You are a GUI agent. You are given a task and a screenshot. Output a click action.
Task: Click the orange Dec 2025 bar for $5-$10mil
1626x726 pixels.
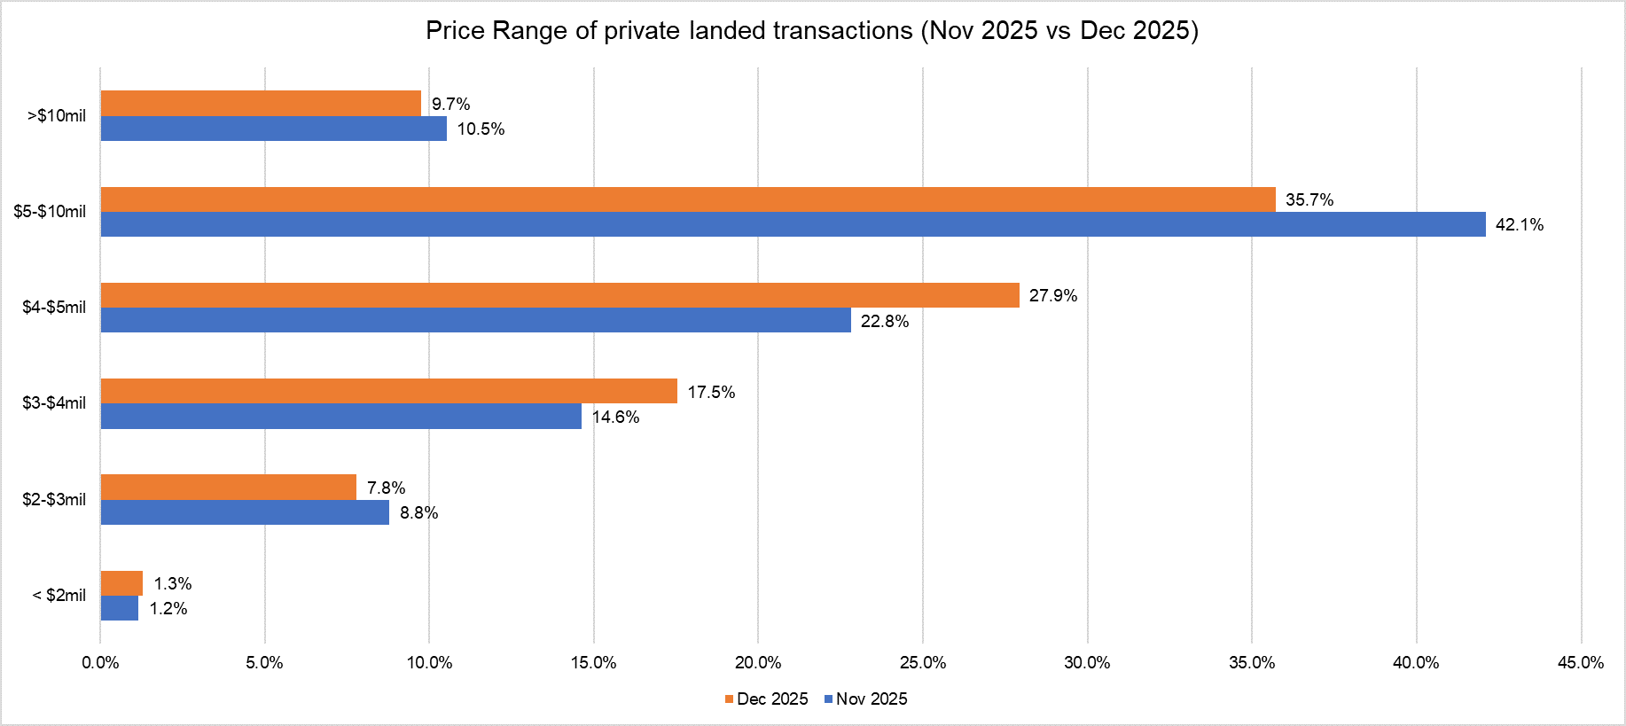688,199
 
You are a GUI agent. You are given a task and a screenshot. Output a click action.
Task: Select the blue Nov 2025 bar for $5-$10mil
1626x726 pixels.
793,224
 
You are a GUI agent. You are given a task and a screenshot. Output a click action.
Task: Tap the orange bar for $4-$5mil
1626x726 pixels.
559,295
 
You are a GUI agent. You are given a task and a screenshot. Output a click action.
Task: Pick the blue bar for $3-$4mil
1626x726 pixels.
340,417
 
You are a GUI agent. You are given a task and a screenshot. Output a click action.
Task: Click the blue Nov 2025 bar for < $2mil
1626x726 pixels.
120,608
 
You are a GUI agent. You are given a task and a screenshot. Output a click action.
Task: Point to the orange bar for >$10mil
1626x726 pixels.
261,104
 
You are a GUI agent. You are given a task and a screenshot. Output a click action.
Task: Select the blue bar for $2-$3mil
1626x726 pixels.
245,512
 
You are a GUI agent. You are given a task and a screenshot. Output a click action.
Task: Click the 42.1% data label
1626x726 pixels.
1519,225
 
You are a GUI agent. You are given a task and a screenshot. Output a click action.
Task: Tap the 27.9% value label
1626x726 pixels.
1052,296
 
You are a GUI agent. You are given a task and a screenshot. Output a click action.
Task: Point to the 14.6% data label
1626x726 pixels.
615,418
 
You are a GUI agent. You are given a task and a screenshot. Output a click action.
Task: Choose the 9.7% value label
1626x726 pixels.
450,105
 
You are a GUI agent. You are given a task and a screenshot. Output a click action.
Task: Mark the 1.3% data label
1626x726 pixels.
172,584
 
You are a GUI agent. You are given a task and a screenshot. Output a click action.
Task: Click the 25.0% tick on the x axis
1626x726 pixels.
922,663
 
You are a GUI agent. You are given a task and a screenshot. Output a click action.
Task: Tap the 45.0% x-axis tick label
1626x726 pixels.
1580,663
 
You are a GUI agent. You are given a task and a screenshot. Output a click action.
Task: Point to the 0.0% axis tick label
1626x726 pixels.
100,663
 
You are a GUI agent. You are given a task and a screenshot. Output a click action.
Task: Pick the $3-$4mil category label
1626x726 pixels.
54,403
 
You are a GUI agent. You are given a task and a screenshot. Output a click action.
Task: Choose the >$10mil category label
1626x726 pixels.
57,116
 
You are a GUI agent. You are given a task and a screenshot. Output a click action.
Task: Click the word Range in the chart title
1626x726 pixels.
529,31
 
